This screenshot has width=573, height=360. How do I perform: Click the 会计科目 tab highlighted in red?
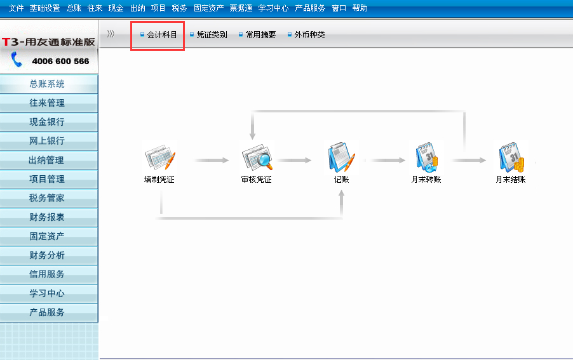pos(159,35)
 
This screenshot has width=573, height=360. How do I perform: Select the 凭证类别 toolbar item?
pos(208,35)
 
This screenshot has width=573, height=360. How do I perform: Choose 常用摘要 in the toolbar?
pos(257,35)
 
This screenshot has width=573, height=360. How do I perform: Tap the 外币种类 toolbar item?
pos(306,35)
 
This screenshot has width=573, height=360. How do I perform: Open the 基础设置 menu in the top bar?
pos(44,8)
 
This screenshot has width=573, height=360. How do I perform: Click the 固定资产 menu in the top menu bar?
pos(208,8)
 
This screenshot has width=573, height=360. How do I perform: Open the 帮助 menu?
pos(360,8)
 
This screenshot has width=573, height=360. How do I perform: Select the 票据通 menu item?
pos(241,8)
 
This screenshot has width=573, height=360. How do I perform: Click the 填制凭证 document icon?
pos(160,157)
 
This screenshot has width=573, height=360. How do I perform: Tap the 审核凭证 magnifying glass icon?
pos(257,157)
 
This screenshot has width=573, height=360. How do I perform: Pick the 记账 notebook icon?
pos(341,157)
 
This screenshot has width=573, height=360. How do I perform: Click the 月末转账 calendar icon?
pos(426,157)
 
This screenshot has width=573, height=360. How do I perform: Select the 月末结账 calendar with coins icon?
pos(511,157)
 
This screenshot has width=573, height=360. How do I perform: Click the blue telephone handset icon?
pos(17,60)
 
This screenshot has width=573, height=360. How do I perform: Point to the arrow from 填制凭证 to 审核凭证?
pos(211,160)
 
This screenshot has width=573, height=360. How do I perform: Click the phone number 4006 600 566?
pos(60,62)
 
